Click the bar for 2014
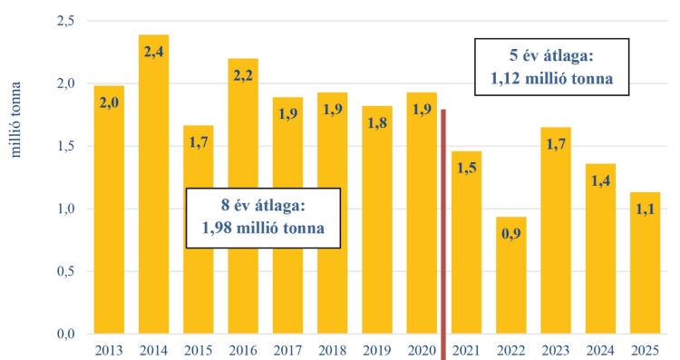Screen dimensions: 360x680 [153, 199]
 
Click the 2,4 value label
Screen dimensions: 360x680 [153, 50]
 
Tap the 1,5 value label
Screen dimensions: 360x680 [467, 169]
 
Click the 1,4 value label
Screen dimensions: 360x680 [601, 180]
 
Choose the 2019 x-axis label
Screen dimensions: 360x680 [377, 350]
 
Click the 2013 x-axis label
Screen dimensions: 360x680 [109, 350]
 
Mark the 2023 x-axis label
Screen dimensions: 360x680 [557, 350]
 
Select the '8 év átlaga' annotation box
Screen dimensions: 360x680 [262, 218]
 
